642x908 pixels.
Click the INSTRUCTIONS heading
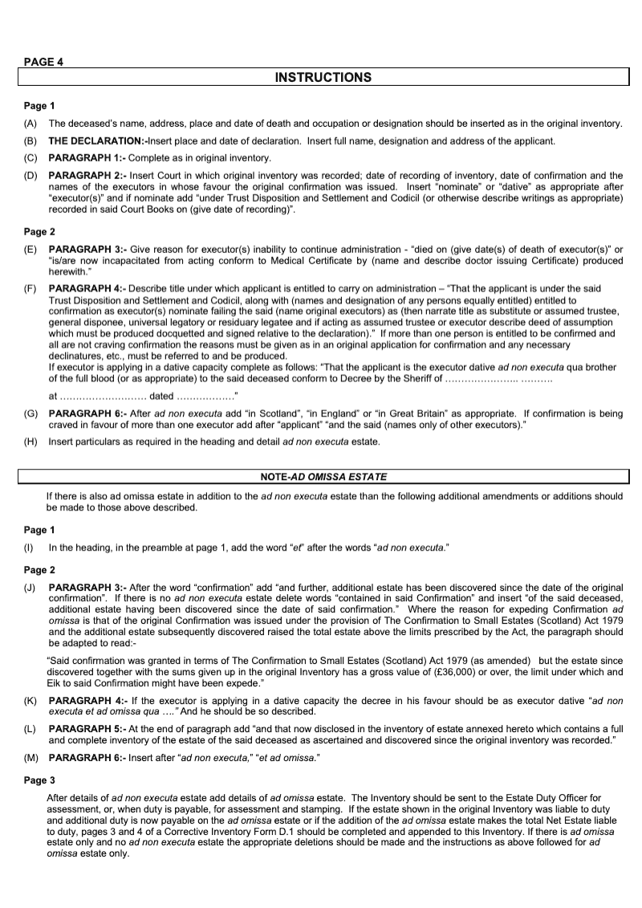pos(323,78)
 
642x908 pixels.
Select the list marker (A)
pos(30,124)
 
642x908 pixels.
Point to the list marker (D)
pos(30,175)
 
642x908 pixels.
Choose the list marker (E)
pos(30,250)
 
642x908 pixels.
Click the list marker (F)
pos(30,287)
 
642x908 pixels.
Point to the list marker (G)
pos(30,413)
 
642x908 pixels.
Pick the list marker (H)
pos(30,442)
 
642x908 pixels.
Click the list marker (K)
pos(30,701)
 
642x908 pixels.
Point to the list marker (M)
pos(30,757)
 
